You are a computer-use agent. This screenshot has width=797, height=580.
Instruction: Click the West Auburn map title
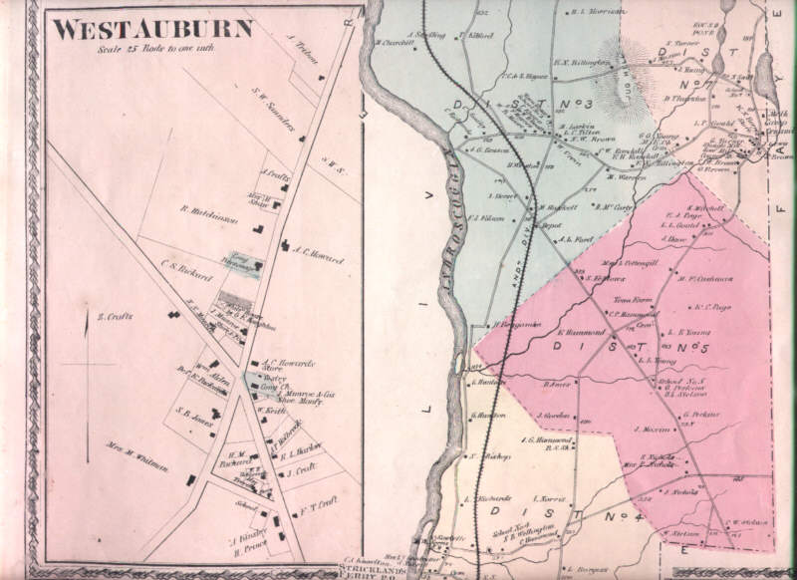point(151,29)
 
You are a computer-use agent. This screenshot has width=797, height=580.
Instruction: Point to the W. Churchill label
point(395,43)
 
